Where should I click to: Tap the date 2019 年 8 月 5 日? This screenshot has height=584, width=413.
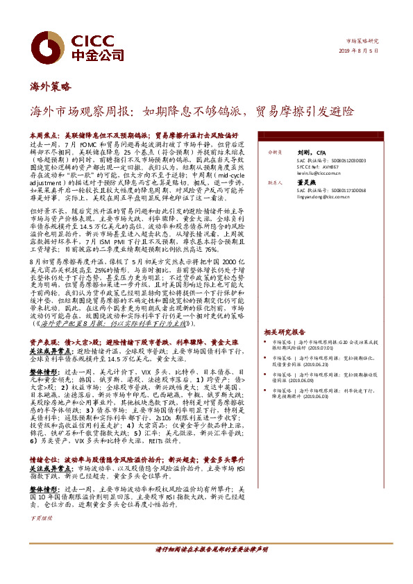(362, 51)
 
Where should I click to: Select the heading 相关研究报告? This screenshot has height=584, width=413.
(285, 332)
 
